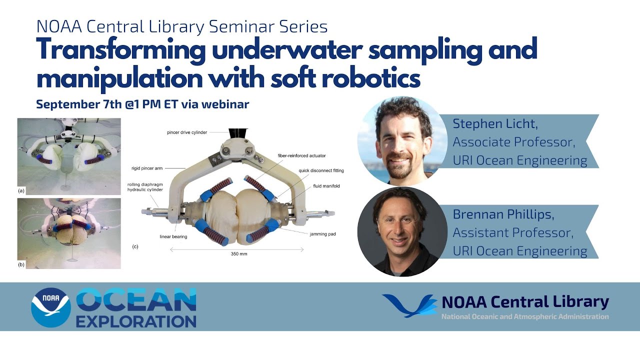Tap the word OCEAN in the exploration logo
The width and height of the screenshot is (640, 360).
136,300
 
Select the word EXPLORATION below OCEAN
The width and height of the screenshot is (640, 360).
136,320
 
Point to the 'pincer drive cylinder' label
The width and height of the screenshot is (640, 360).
186,132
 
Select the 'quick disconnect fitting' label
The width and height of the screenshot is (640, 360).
321,170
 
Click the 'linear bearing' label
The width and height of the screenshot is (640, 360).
173,236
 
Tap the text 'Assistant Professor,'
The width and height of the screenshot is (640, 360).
513,232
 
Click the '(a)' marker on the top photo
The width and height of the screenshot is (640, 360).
21,190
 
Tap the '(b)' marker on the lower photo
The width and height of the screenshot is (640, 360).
21,264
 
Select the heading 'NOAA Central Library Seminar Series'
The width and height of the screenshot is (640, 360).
182,26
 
